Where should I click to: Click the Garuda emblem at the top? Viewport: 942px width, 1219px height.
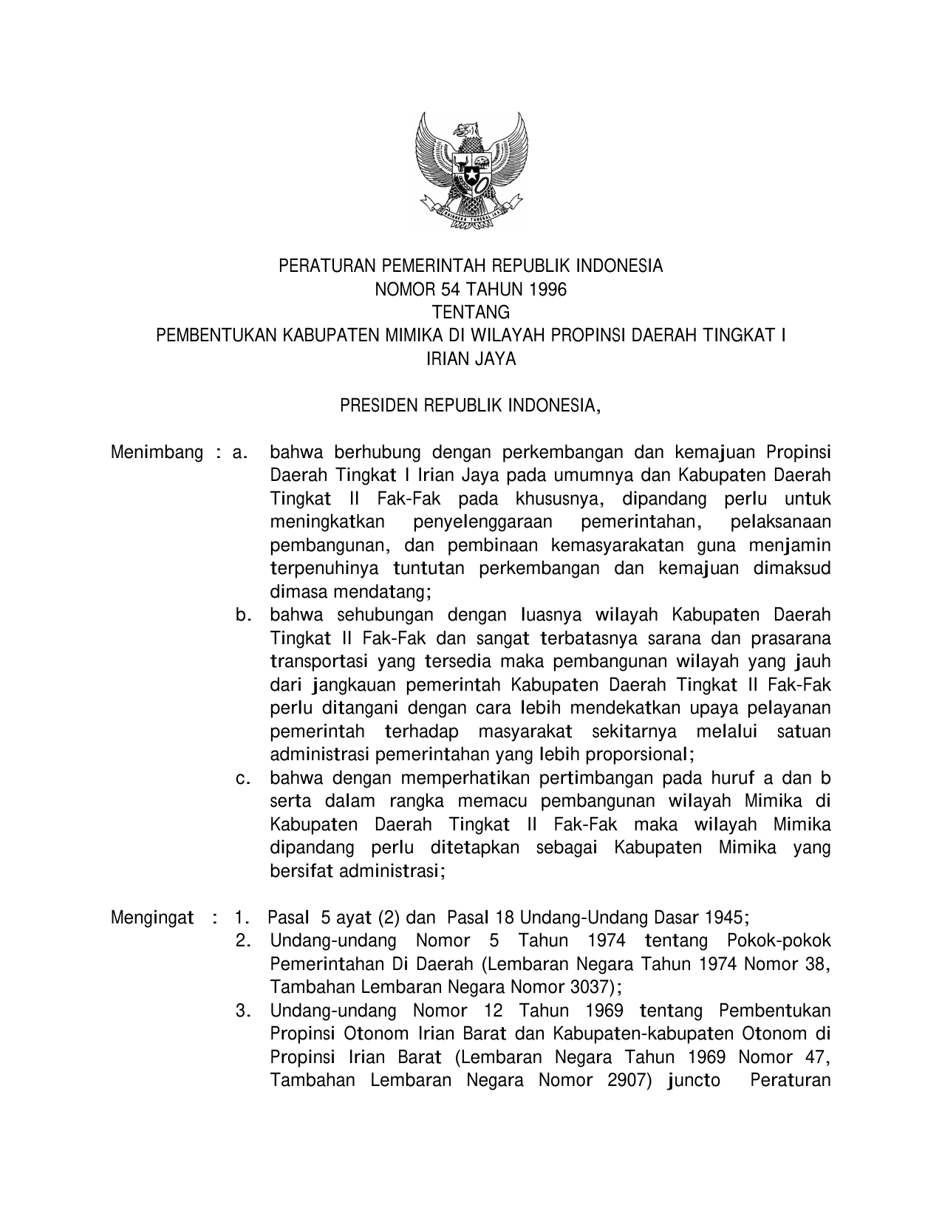471,171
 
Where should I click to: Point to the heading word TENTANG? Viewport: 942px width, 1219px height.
471,313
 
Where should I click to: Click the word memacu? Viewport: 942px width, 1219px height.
493,802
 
